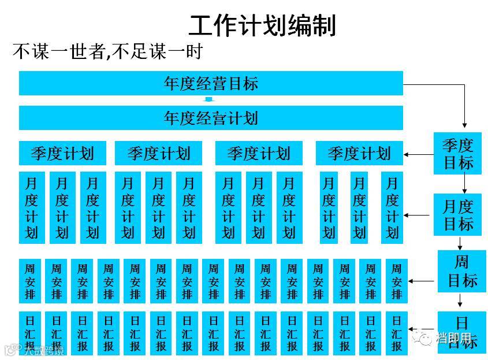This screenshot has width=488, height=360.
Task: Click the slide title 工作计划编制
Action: tap(262, 25)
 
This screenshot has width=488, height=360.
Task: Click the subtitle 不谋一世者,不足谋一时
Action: tap(107, 52)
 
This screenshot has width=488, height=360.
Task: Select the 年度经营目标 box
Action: tap(211, 83)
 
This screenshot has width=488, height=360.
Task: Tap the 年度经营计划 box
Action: tap(211, 118)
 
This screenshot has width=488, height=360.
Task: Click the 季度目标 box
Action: tap(457, 153)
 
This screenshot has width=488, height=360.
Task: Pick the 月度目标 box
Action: tap(457, 214)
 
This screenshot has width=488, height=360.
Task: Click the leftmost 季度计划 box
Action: tap(62, 153)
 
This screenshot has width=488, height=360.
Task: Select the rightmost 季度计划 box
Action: tap(359, 153)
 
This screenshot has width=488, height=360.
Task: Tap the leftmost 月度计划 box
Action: tap(31, 207)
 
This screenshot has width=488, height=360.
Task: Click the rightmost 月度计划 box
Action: tap(392, 207)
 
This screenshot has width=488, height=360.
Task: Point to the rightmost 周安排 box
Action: tap(396, 281)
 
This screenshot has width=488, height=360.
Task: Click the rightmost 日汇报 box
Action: tap(396, 333)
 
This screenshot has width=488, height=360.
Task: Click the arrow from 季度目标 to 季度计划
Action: tap(418, 154)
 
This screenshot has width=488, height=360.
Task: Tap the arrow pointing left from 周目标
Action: tap(421, 281)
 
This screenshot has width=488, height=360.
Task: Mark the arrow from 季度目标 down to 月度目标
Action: tap(464, 184)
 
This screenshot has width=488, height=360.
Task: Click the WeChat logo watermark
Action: tap(426, 337)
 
